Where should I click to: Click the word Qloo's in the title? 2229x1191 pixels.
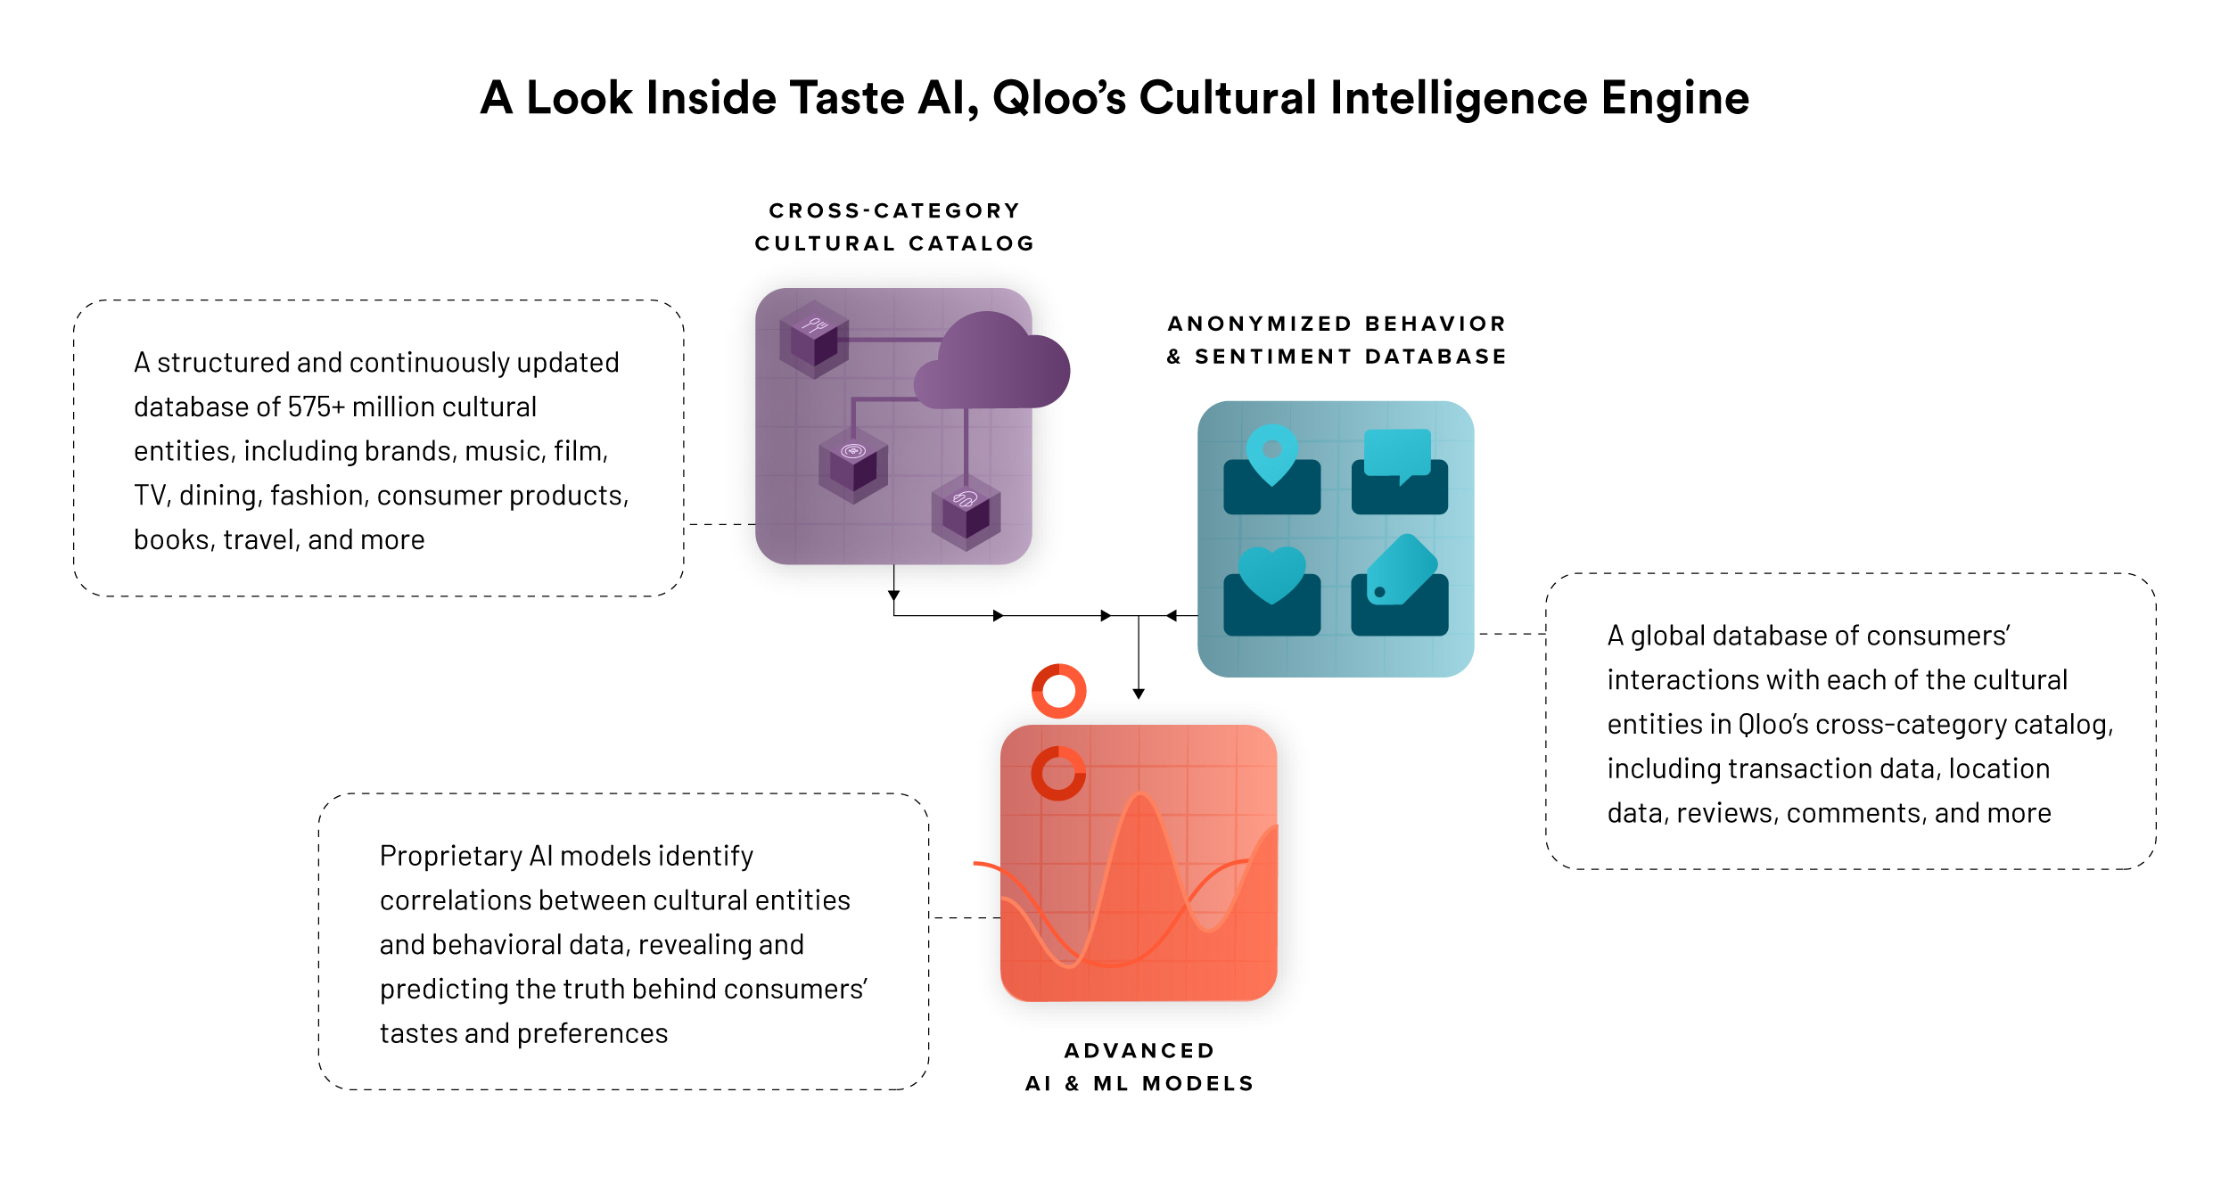(x=1059, y=98)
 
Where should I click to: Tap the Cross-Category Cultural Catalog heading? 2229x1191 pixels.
(x=894, y=227)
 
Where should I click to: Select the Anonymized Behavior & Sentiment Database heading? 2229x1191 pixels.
(x=1337, y=340)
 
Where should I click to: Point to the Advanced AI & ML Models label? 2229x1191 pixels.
(x=1139, y=1067)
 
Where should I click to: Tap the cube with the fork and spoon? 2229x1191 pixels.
(x=813, y=339)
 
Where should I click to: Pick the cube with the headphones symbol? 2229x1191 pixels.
(x=966, y=512)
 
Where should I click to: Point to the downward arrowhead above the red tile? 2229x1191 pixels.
(x=1139, y=694)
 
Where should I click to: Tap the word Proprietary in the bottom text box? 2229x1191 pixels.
(x=451, y=857)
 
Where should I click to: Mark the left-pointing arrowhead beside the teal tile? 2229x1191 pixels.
(x=1172, y=615)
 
